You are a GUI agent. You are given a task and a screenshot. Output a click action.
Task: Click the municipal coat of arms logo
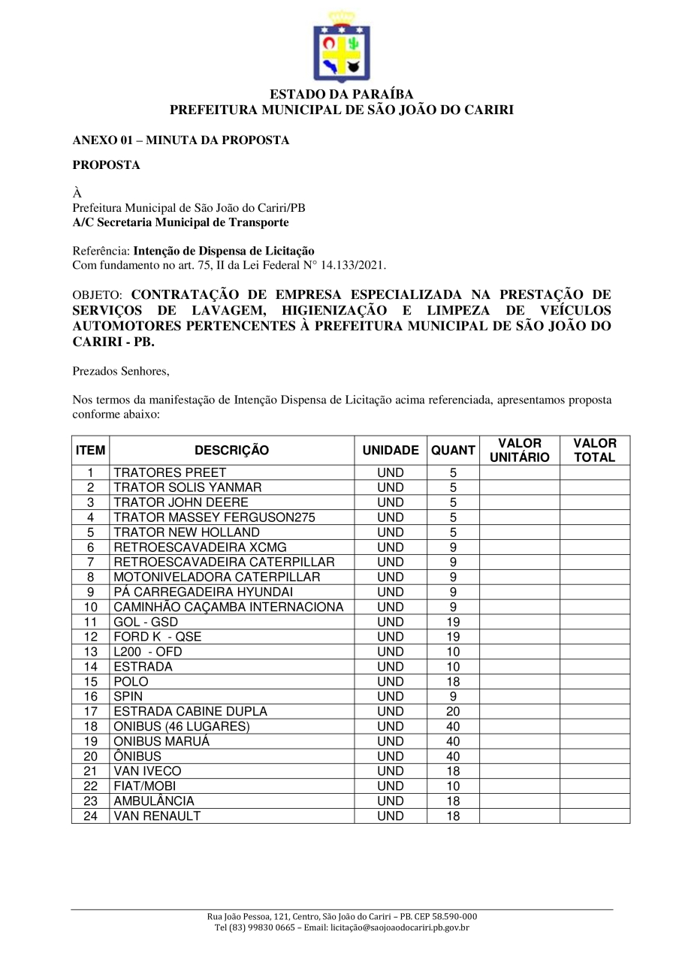341,47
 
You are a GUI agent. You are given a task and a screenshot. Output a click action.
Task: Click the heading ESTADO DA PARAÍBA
341,95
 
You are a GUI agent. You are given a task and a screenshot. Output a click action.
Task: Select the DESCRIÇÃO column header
231,451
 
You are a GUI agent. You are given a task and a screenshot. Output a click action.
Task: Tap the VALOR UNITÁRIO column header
519,451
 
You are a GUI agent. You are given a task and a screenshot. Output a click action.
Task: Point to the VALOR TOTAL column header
594,451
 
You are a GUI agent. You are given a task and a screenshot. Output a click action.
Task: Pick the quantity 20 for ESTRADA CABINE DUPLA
453,711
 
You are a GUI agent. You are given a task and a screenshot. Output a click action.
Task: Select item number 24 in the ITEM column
91,816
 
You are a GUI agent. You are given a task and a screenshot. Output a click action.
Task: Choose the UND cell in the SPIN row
391,696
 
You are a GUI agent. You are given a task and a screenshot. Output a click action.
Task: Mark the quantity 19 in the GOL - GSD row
453,622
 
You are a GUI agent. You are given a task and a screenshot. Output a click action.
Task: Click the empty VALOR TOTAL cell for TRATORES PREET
594,473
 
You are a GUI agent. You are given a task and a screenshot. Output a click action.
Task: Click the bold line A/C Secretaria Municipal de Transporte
180,222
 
